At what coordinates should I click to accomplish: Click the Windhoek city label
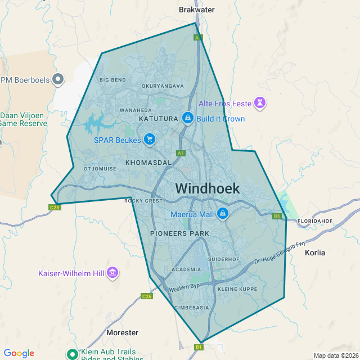click(208, 188)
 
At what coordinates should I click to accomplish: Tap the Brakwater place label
click(197, 10)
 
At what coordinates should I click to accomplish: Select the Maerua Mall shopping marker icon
click(223, 214)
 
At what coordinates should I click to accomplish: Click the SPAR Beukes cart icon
click(149, 139)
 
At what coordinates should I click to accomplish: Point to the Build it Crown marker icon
click(188, 118)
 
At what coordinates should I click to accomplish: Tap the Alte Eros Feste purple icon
click(259, 103)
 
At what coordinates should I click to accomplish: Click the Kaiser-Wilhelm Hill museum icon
click(113, 273)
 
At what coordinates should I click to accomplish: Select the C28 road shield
click(55, 207)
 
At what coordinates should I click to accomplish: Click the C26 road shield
click(147, 296)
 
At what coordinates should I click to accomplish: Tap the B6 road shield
click(277, 216)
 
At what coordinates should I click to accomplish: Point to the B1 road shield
click(198, 347)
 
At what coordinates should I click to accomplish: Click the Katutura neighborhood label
click(158, 119)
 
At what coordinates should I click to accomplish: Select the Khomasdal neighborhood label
click(148, 163)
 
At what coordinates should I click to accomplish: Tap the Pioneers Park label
click(179, 233)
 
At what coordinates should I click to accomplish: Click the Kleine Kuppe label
click(237, 289)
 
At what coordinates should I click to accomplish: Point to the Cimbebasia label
click(192, 308)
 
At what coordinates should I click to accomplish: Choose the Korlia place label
click(315, 253)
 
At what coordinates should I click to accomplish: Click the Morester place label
click(122, 332)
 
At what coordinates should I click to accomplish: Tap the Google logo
click(19, 353)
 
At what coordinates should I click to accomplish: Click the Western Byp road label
click(184, 287)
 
